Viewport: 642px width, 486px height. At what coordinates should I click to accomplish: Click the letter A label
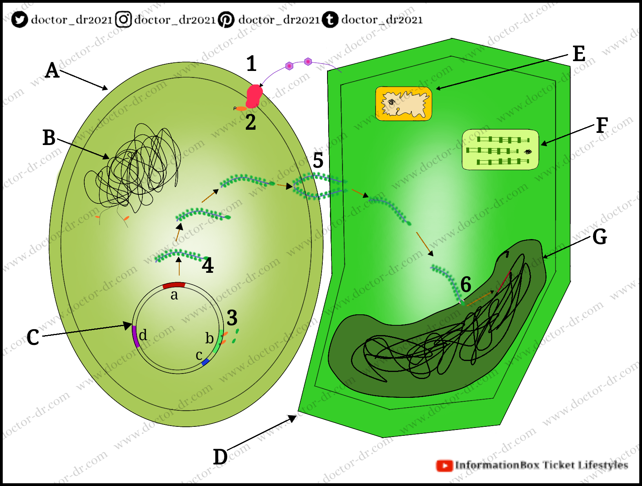(52, 71)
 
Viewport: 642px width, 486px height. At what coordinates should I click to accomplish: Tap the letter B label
(49, 138)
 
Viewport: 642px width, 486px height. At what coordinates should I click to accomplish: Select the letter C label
(33, 337)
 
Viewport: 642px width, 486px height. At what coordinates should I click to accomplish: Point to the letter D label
(220, 457)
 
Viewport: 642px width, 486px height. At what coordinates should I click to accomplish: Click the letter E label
(579, 54)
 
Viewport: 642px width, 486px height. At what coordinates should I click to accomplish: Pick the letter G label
(600, 237)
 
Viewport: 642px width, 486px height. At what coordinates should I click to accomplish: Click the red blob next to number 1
(254, 96)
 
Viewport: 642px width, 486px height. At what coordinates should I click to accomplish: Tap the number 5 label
(318, 160)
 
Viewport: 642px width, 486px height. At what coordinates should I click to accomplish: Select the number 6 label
(466, 284)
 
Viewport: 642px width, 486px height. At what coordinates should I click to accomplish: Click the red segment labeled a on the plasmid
(174, 285)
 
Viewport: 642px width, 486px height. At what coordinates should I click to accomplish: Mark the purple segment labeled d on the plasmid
(135, 337)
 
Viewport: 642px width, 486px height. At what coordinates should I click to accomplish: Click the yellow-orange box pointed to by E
(404, 104)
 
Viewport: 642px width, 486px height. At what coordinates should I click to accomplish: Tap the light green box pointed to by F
(500, 150)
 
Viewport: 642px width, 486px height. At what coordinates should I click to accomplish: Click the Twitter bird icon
(19, 19)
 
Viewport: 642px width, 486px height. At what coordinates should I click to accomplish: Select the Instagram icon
(124, 19)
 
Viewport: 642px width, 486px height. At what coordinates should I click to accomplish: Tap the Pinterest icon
(226, 19)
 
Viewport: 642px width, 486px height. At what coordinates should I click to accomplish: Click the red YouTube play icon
(444, 466)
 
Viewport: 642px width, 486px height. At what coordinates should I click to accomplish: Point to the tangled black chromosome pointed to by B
(133, 169)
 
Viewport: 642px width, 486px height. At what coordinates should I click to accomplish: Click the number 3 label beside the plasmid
(232, 317)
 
